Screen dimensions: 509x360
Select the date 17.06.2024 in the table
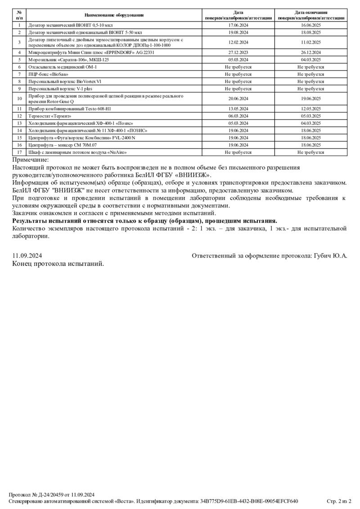tap(238, 26)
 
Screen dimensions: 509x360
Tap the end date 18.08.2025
tap(311, 32)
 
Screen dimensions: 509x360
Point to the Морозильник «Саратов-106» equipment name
tap(69, 59)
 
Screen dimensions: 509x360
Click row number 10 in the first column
tap(19, 98)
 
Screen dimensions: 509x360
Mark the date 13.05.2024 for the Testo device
tap(238, 108)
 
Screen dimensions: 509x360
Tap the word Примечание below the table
tap(30, 160)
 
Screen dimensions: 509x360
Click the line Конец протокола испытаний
tap(58, 263)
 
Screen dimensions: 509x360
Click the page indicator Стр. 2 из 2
tap(339, 501)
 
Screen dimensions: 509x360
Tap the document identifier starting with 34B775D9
tap(249, 501)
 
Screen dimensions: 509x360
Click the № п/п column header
tap(19, 15)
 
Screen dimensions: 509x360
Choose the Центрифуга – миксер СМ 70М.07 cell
tap(63, 145)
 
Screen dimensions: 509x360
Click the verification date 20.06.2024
tap(238, 98)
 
